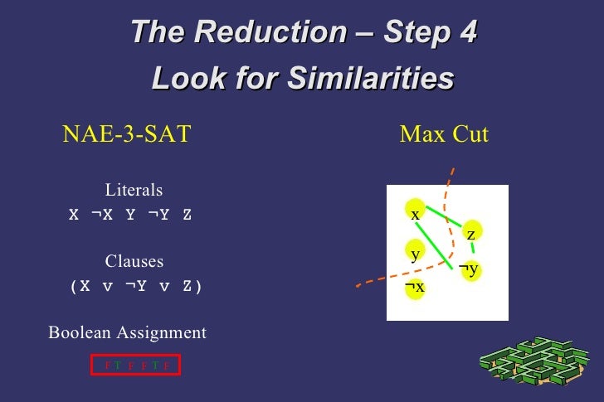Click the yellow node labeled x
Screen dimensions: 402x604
click(415, 211)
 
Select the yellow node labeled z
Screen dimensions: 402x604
click(470, 233)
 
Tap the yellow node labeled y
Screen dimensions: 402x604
click(415, 252)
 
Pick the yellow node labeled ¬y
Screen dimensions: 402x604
click(470, 269)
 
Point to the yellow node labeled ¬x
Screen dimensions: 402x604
click(415, 287)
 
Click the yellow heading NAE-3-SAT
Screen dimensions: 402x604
click(126, 133)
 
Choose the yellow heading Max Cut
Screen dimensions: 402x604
click(444, 133)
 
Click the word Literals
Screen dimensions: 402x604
click(134, 190)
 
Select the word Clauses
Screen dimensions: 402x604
click(134, 261)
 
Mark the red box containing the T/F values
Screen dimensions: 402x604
click(135, 365)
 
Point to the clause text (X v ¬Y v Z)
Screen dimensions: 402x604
click(135, 286)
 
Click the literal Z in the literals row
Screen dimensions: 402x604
click(187, 215)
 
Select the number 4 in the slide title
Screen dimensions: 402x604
click(467, 32)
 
